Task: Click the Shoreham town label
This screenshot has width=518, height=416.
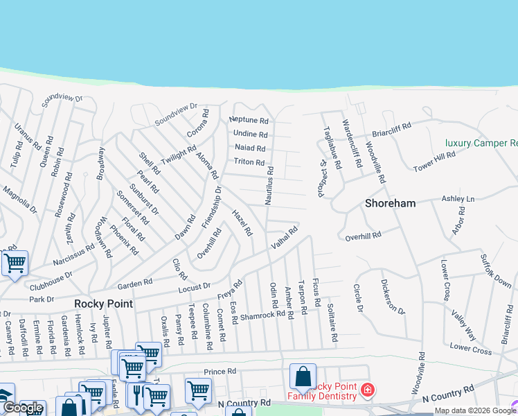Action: pos(391,203)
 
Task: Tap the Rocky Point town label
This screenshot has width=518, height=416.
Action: pos(103,304)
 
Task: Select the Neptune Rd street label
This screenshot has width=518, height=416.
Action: pos(248,120)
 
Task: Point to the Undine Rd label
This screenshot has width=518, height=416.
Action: pos(251,134)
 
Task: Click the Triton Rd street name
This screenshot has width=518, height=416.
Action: pos(249,162)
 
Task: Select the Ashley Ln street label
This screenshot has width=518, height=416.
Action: pos(458,199)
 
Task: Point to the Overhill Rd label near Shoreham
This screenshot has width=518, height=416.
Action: pos(363,236)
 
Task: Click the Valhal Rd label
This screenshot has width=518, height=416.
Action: pos(284,239)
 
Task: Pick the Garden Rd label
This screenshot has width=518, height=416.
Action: pos(134,284)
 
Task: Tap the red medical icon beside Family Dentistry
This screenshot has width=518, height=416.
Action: pos(367,390)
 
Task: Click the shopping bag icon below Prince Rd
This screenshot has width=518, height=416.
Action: pos(303,376)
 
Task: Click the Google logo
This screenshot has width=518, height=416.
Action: pos(23,408)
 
